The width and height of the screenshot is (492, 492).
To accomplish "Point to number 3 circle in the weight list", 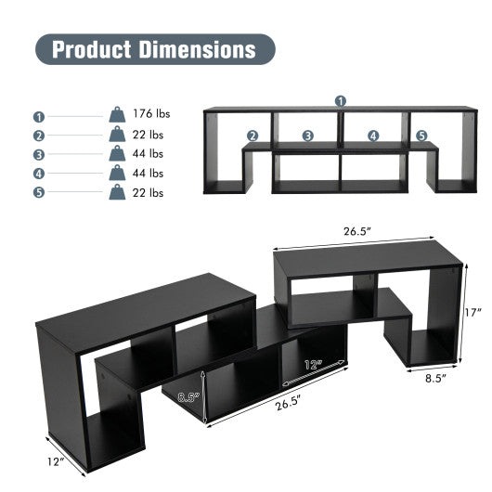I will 39,155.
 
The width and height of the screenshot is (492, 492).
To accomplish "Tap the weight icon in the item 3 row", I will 118,154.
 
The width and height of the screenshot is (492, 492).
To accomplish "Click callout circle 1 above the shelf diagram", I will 341,100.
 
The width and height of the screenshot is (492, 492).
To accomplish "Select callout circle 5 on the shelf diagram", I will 422,136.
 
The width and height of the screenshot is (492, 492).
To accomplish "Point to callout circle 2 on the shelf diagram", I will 252,136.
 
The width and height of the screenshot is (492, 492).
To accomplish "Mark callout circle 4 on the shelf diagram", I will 373,136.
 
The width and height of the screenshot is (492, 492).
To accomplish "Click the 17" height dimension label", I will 473,314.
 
